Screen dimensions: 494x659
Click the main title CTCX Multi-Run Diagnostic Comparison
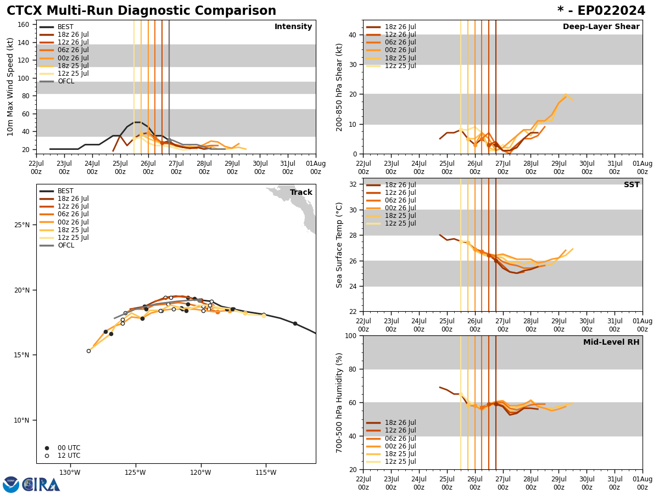(141, 11)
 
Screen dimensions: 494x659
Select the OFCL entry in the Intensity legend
(65, 81)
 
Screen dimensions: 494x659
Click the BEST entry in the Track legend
(65, 191)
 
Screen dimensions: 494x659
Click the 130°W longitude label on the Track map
(70, 473)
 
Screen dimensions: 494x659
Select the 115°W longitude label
(265, 473)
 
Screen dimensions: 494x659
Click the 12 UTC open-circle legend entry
(69, 456)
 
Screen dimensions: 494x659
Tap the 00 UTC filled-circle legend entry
(69, 448)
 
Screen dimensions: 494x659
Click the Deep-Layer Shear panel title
(601, 27)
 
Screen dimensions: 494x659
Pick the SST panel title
(632, 185)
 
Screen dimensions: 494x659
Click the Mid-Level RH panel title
(611, 343)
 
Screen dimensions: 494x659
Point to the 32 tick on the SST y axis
(354, 184)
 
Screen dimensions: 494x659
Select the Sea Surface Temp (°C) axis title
(340, 245)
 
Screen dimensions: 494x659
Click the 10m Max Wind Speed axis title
(10, 87)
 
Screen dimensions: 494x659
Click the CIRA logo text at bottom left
(41, 485)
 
